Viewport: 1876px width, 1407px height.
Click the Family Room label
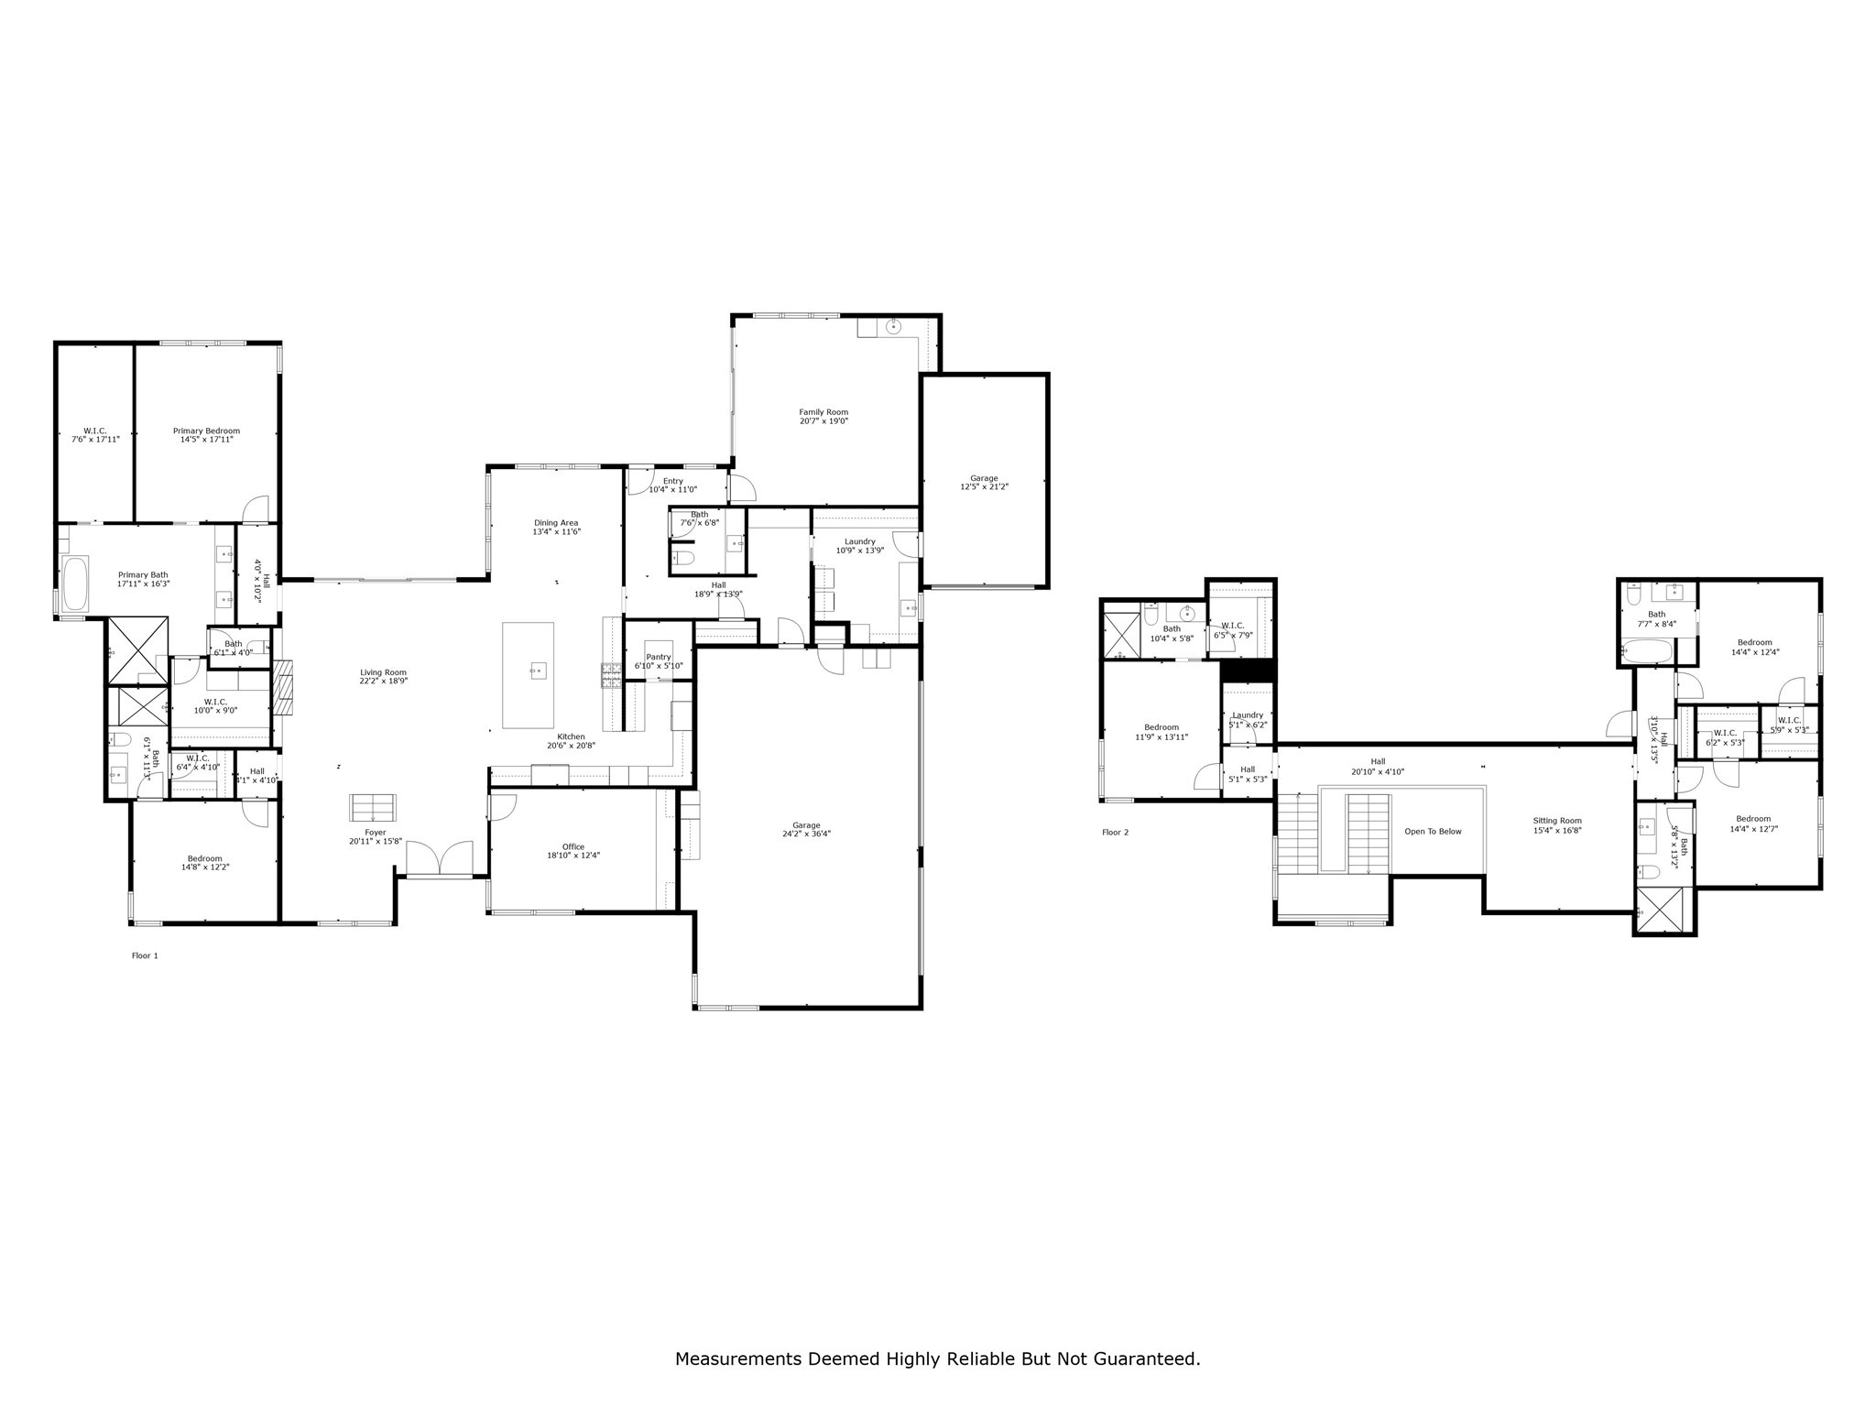tap(823, 412)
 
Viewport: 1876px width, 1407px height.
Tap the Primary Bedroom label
tap(206, 431)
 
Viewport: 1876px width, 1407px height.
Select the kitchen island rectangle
tap(528, 674)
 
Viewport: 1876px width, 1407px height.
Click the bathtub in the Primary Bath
tap(74, 584)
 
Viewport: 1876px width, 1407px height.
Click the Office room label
tap(573, 847)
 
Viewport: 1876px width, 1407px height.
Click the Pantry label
tap(659, 657)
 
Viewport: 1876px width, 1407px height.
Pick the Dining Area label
tap(556, 523)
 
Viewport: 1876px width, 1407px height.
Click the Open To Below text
tap(1433, 832)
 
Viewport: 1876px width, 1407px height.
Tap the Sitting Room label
tap(1557, 821)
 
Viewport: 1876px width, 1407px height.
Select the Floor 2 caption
tap(1115, 833)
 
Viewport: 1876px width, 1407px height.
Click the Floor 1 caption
tap(145, 955)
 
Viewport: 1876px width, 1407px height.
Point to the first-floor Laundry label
tap(859, 541)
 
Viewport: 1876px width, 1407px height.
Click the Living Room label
tap(383, 672)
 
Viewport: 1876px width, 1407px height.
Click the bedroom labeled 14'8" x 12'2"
tap(204, 862)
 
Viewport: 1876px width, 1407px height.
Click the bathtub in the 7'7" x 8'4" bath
tap(1646, 653)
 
